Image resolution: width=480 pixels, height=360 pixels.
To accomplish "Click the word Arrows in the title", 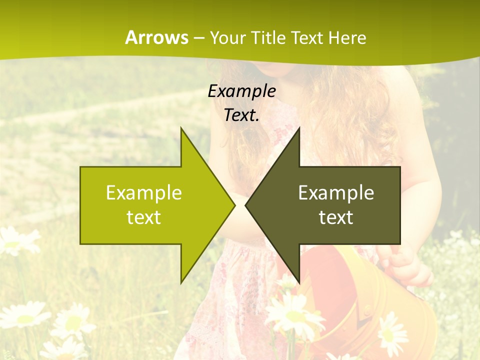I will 156,37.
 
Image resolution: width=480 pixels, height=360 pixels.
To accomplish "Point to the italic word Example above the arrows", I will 241,91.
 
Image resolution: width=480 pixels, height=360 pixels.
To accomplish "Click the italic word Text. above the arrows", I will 241,115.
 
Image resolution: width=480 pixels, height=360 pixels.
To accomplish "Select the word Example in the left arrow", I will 144,193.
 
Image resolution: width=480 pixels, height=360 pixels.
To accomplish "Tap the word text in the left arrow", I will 144,217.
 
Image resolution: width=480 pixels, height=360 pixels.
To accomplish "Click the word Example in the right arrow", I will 336,193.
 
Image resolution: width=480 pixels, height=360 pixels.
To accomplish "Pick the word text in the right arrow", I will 336,217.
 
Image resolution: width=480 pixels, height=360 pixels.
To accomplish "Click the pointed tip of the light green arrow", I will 234,205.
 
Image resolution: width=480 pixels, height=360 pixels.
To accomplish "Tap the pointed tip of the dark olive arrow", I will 245,205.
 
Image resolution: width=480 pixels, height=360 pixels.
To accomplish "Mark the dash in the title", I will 198,37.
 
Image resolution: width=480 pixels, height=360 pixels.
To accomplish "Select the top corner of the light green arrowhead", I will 181,128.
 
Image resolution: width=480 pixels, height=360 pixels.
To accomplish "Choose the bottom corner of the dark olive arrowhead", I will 299,283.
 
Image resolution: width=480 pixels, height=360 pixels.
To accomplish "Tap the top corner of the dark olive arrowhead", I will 299,128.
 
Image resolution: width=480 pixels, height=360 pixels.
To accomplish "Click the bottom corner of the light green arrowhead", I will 181,283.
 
